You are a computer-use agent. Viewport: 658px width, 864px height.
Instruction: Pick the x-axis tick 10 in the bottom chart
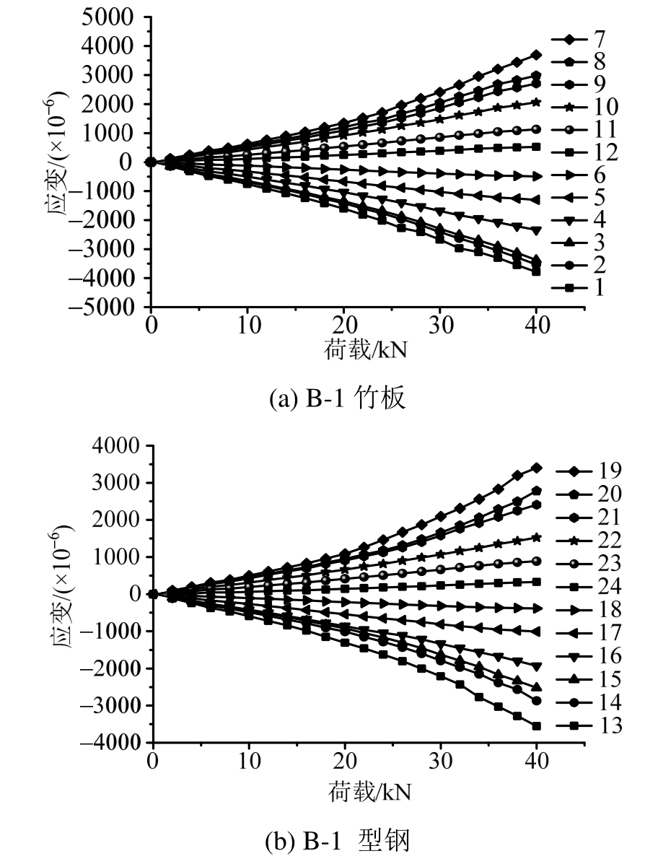click(249, 760)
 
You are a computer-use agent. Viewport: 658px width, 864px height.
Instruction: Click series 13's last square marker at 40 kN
click(536, 725)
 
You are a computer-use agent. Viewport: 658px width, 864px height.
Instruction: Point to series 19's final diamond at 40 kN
click(536, 468)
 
